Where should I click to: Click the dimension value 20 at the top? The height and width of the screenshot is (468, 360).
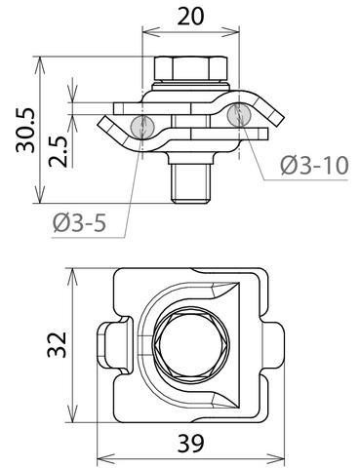coord(191,17)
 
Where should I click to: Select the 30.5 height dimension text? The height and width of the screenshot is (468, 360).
coord(25,130)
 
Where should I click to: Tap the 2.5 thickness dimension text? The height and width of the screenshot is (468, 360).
coord(58,151)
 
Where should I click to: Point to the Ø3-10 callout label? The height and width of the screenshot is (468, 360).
coord(314,166)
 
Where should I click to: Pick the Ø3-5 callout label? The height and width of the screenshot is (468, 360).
coord(80,223)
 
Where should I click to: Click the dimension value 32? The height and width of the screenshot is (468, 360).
coord(57,344)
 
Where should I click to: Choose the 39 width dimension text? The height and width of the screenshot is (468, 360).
coord(190,443)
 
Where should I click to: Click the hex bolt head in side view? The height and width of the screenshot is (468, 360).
coord(191,68)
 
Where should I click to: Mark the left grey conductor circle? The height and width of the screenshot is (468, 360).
coord(142,126)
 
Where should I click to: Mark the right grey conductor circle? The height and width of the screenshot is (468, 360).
coord(239,114)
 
